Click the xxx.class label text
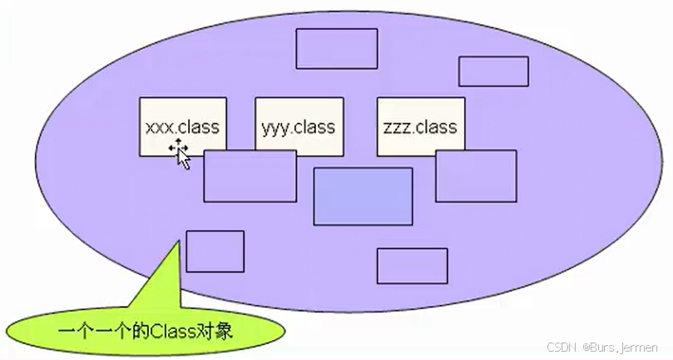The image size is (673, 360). [182, 127]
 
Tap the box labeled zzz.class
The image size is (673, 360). [419, 127]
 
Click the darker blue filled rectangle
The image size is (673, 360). [363, 196]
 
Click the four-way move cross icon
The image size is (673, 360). [177, 148]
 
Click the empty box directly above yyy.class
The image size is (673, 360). [336, 49]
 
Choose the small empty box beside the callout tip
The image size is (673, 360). [215, 251]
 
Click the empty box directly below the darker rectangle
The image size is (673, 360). [412, 266]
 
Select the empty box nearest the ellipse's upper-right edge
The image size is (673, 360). [493, 72]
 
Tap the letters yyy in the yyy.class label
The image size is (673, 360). [274, 128]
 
